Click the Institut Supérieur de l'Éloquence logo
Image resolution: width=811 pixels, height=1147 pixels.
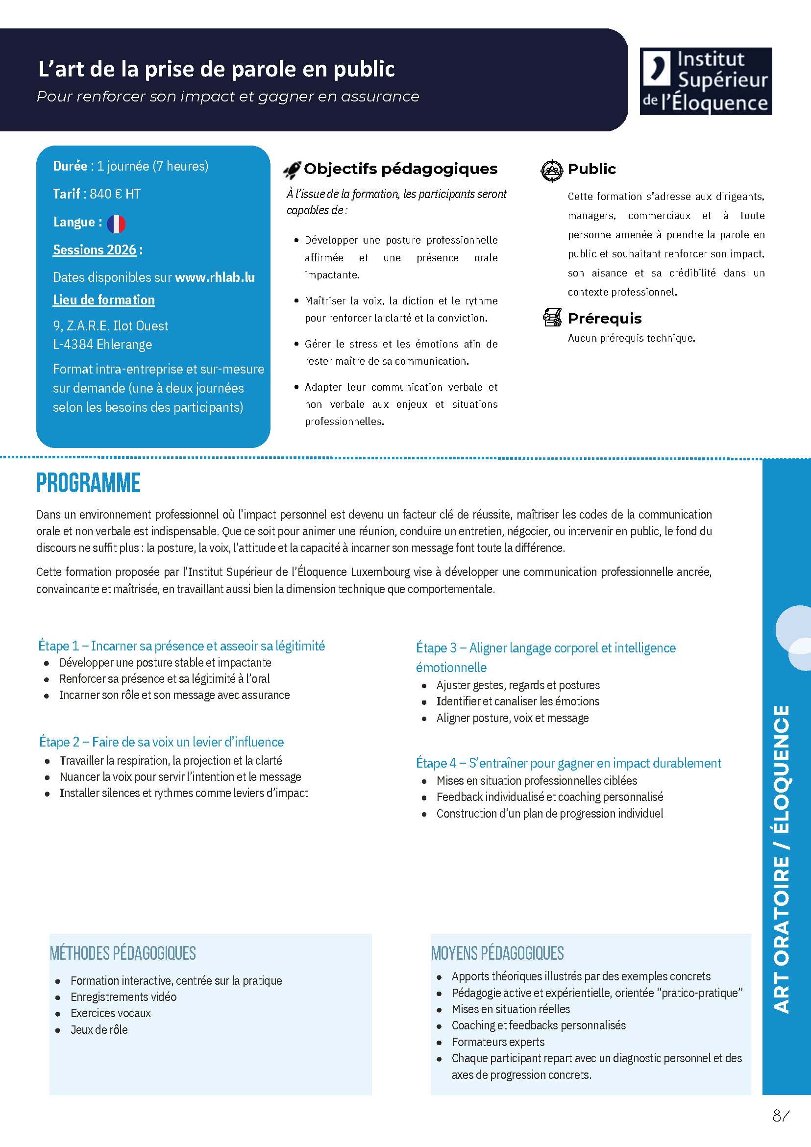click(706, 81)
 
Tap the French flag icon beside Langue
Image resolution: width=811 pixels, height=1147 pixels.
click(116, 224)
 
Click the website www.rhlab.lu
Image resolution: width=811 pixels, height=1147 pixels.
click(215, 277)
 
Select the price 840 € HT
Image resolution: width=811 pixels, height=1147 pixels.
click(115, 194)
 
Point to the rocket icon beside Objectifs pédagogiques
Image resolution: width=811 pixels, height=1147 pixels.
click(292, 170)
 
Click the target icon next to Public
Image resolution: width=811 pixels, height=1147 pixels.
click(552, 171)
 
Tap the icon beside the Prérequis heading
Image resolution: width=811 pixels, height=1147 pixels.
click(552, 318)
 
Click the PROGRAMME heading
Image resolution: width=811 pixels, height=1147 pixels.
click(88, 483)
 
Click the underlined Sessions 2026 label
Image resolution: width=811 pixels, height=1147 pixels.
click(95, 250)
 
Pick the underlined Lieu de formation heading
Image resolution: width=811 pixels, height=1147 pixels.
click(104, 299)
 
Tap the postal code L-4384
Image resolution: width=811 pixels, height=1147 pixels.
click(73, 345)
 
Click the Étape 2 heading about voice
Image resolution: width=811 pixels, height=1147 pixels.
click(161, 742)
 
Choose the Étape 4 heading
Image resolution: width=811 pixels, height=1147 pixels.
click(568, 763)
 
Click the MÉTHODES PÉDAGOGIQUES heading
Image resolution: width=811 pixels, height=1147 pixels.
click(123, 953)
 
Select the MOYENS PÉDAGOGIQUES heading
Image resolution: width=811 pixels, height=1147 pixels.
click(497, 953)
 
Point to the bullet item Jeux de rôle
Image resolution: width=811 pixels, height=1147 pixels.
click(99, 1029)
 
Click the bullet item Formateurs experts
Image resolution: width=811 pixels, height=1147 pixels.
click(498, 1042)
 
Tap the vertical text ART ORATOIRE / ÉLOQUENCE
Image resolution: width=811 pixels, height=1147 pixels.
click(782, 859)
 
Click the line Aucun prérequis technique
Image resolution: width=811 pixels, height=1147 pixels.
click(631, 338)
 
